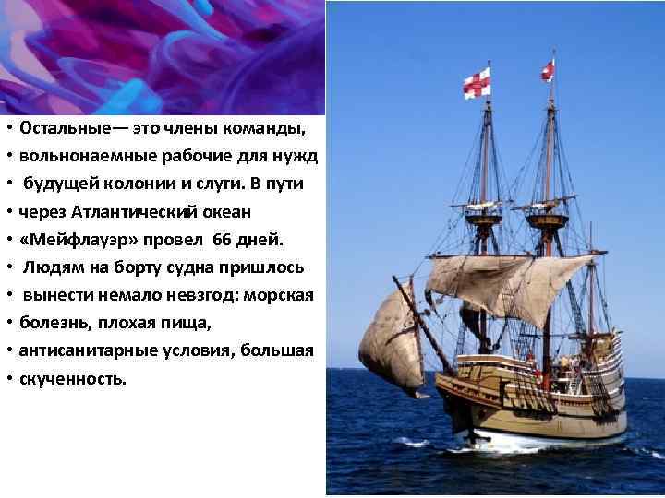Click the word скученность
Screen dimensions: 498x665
(x=72, y=379)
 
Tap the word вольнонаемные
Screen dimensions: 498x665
(x=75, y=155)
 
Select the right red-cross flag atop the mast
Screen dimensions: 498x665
(x=548, y=70)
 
